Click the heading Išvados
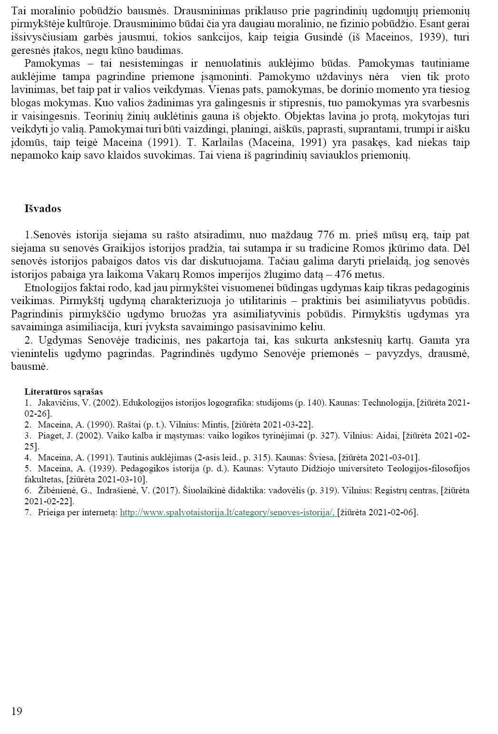[x=42, y=209]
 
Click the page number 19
[x=16, y=712]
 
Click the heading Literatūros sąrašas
[x=63, y=392]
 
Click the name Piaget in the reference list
[x=50, y=436]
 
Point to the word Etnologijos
[x=50, y=288]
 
